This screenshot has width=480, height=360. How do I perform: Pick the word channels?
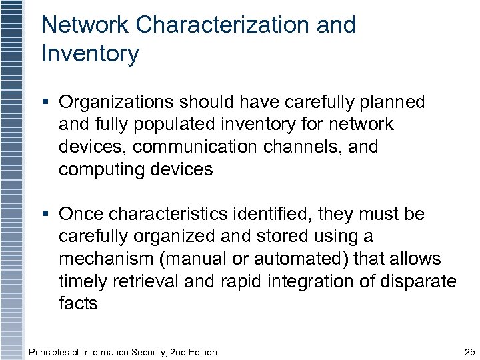coord(296,147)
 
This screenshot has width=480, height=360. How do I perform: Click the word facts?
coord(78,303)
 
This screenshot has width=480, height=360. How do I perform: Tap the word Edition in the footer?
coord(201,352)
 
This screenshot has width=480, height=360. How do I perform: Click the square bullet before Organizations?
coord(45,103)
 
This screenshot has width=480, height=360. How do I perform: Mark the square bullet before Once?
coord(45,215)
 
